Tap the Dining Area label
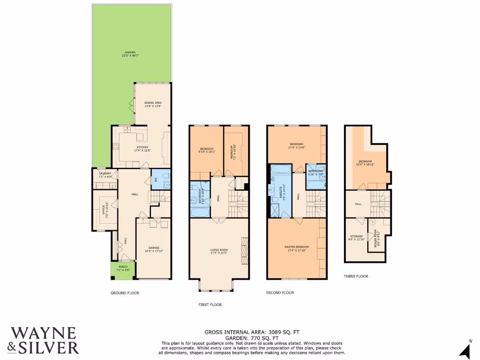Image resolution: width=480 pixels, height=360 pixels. (x=153, y=104)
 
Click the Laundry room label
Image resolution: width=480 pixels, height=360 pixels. (x=105, y=175)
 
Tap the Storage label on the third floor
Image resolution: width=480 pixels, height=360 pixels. (x=356, y=238)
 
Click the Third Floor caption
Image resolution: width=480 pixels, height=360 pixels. (x=356, y=277)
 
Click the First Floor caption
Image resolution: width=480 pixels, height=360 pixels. (x=210, y=305)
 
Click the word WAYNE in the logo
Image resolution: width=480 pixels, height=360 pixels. (x=43, y=333)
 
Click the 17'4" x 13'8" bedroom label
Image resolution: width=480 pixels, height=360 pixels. (x=296, y=146)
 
